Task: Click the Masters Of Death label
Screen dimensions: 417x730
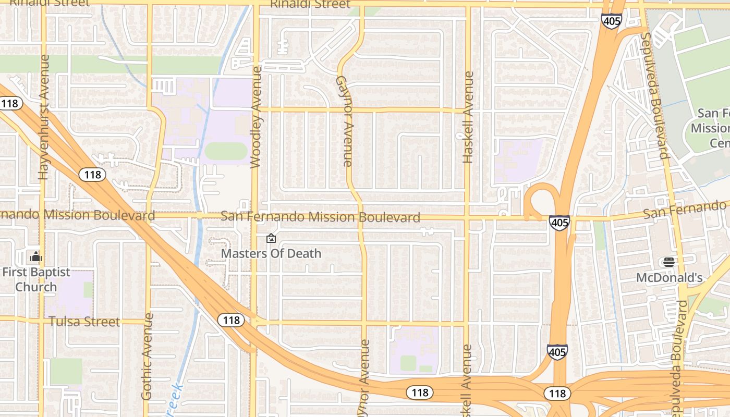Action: pyautogui.click(x=271, y=254)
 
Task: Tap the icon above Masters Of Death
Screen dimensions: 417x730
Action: pyautogui.click(x=271, y=239)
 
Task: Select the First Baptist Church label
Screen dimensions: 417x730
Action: pyautogui.click(x=36, y=279)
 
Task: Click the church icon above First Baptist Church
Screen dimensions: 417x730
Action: pyautogui.click(x=36, y=256)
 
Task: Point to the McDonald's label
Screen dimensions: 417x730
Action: pyautogui.click(x=669, y=278)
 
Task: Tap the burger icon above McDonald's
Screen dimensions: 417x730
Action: pyautogui.click(x=669, y=262)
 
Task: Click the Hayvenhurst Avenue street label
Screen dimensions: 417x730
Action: pyautogui.click(x=44, y=117)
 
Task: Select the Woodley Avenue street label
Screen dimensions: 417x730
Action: pyautogui.click(x=256, y=117)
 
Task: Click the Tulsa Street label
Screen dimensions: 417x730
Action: pyautogui.click(x=84, y=322)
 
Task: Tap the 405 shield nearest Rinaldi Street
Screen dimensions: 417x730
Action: pyautogui.click(x=611, y=21)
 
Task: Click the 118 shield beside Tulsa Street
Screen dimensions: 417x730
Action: pyautogui.click(x=230, y=320)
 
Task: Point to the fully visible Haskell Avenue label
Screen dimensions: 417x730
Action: pyautogui.click(x=468, y=117)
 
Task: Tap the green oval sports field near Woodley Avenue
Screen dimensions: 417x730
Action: pyautogui.click(x=226, y=151)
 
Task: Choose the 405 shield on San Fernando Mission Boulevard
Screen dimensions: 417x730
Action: pyautogui.click(x=559, y=223)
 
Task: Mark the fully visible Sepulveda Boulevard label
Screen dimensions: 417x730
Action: pyautogui.click(x=655, y=95)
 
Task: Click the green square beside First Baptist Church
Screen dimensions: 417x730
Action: pyautogui.click(x=88, y=290)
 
